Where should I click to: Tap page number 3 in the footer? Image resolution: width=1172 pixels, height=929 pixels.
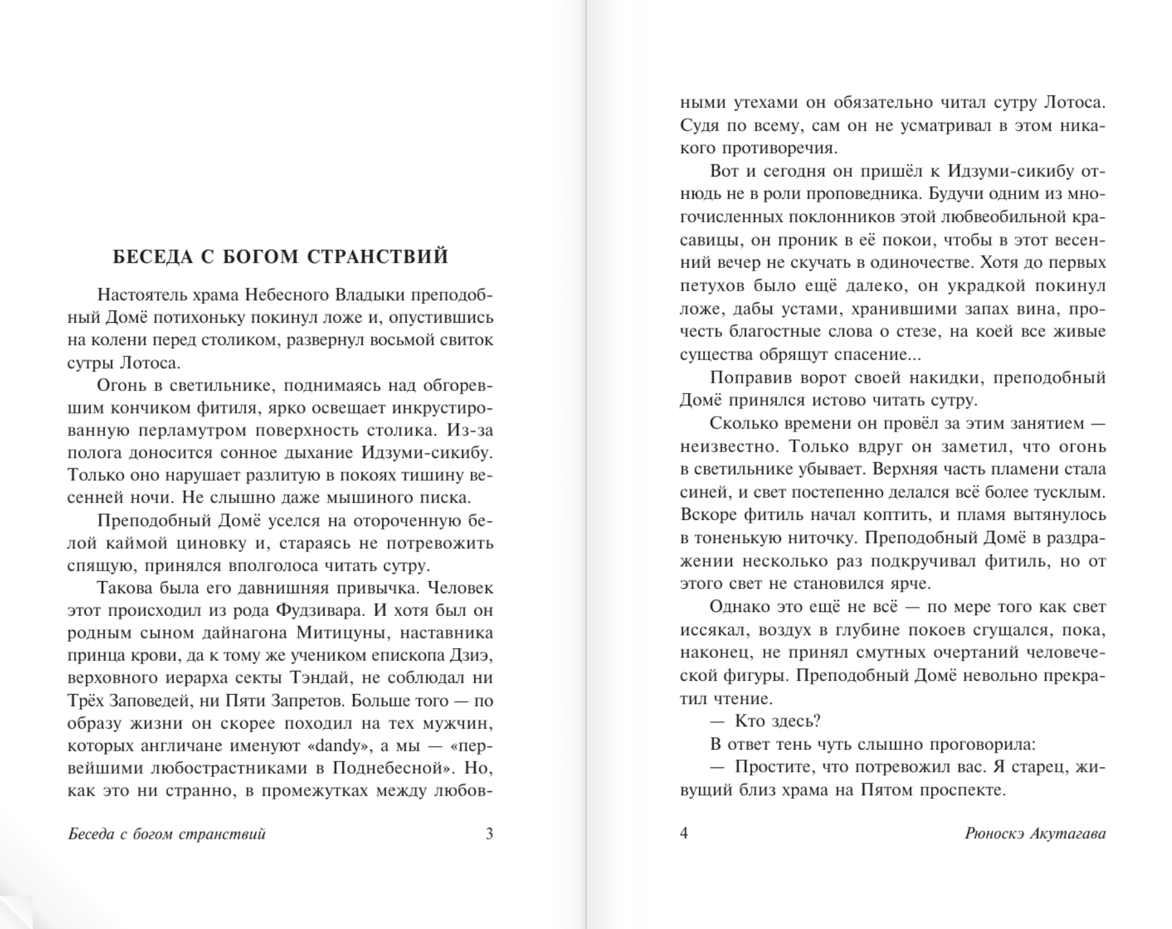coord(489,834)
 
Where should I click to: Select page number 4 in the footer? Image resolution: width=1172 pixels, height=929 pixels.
coord(684,833)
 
